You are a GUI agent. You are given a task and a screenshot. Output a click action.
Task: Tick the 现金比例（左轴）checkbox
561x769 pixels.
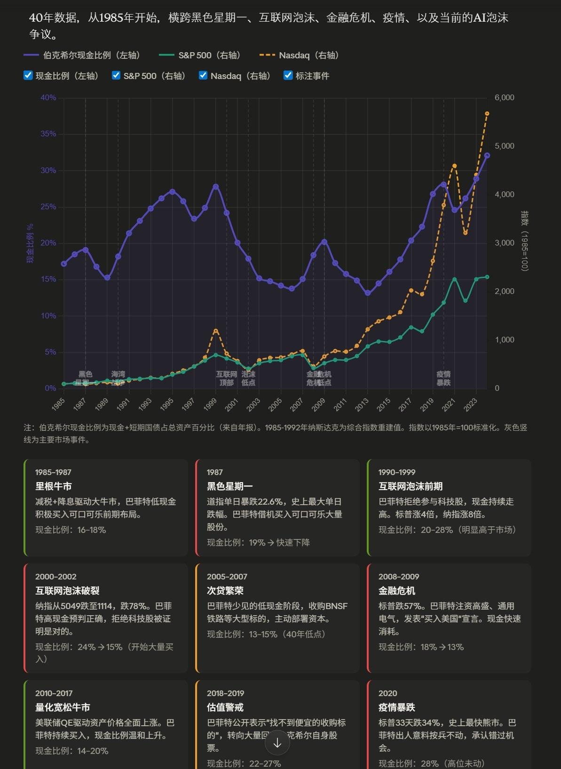coord(28,76)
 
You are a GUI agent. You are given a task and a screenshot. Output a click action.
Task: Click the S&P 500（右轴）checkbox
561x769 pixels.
coord(116,76)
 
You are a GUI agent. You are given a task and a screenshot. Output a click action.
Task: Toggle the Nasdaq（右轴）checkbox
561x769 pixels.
coord(203,76)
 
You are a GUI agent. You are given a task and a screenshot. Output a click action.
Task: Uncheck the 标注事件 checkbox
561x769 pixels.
coord(288,76)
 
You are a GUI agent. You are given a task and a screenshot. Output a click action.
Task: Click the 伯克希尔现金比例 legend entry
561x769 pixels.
coord(82,55)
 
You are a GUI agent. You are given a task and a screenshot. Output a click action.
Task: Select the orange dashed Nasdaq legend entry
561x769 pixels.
coord(300,55)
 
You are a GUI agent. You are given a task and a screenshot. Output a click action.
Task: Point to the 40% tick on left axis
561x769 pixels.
coord(48,98)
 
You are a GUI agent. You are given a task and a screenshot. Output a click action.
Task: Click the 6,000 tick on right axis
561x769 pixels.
coord(504,98)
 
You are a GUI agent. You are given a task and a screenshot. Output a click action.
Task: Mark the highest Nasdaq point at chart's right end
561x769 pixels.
coord(487,114)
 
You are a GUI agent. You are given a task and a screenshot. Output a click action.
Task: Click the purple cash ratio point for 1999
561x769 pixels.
coord(216,187)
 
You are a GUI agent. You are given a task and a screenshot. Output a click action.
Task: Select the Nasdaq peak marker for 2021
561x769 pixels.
coord(454,166)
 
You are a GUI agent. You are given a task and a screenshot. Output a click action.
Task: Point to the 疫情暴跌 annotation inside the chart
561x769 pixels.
coord(443,378)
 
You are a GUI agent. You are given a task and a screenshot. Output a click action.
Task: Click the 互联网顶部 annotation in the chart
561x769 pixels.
coord(227,378)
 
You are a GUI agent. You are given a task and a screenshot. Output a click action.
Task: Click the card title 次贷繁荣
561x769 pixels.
coord(225,591)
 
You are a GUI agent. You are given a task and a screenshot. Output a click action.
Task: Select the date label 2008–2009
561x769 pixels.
coord(399,577)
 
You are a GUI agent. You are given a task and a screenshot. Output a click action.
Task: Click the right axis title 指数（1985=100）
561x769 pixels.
coord(525,240)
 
